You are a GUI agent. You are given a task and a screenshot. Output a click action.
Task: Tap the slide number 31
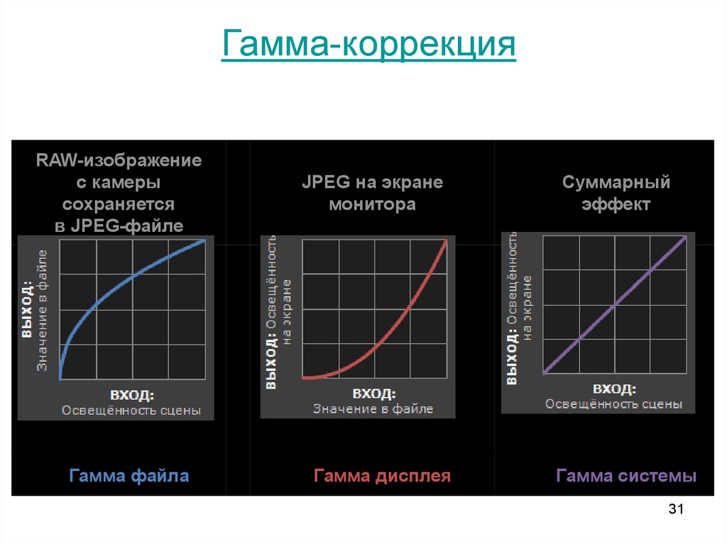(675, 509)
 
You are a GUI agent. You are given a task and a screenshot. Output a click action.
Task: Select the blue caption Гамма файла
(129, 475)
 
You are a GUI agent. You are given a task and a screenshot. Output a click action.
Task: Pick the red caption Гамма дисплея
(382, 475)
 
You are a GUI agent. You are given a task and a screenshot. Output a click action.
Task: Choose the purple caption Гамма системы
(626, 475)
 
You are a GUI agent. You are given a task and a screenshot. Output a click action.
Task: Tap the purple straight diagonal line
(614, 305)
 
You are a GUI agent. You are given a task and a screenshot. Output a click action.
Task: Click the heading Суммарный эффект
(616, 194)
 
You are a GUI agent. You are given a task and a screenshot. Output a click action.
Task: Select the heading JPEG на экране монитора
(372, 194)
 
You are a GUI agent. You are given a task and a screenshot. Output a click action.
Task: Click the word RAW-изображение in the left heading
(119, 160)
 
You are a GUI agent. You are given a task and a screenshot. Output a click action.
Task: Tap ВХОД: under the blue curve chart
(132, 395)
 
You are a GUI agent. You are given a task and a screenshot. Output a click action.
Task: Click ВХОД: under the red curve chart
(373, 394)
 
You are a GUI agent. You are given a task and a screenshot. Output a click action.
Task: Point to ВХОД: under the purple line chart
(613, 389)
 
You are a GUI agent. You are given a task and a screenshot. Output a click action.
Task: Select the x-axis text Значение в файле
(373, 409)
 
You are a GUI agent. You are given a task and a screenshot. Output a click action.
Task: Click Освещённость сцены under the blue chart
(131, 410)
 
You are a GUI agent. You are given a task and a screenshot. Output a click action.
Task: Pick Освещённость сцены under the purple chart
(613, 404)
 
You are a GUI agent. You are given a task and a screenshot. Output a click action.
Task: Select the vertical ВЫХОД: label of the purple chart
(511, 358)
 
